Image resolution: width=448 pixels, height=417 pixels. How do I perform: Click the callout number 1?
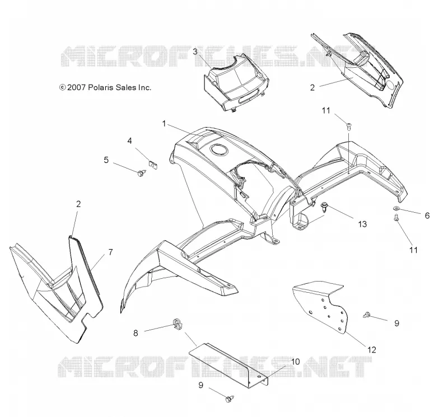click(164, 124)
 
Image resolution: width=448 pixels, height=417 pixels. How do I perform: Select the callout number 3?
click(195, 51)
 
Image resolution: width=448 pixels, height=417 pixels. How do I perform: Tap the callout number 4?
click(130, 141)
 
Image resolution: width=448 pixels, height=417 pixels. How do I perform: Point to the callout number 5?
click(106, 160)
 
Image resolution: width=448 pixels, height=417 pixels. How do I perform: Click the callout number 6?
click(427, 215)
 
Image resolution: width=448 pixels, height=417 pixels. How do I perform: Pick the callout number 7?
click(110, 252)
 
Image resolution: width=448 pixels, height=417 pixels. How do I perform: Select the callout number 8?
click(136, 333)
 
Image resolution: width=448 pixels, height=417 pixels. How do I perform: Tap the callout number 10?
click(296, 362)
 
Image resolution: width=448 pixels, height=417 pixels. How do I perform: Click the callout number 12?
click(372, 350)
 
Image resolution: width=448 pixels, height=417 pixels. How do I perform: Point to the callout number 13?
click(362, 224)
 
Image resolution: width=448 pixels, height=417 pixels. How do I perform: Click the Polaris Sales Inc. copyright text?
click(105, 87)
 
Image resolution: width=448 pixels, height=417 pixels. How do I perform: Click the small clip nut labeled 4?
click(154, 164)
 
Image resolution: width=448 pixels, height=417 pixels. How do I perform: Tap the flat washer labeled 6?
click(397, 208)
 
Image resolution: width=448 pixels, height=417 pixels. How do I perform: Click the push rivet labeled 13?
click(325, 207)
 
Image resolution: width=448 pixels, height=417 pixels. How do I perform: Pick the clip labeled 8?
click(177, 325)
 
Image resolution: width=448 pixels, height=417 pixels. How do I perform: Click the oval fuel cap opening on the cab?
click(219, 149)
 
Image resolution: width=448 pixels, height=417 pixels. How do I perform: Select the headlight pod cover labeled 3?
click(236, 83)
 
